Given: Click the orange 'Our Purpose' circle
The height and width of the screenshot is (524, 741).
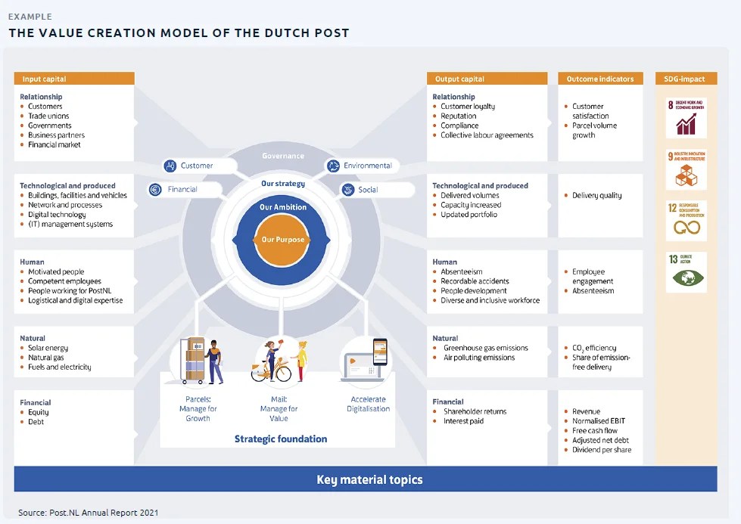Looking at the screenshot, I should [x=283, y=240].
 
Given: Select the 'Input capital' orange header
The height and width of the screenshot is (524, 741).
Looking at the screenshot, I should [x=74, y=79].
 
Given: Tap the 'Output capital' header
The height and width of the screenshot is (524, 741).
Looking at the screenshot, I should [x=487, y=79].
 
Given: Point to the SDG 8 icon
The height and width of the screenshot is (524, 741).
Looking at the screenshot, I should [x=686, y=117].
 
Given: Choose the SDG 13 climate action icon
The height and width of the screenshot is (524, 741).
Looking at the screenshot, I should [x=686, y=272].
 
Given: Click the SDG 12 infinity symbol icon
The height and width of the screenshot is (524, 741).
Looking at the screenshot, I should [x=686, y=221].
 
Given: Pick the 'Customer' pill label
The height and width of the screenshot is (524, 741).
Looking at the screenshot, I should [x=189, y=166].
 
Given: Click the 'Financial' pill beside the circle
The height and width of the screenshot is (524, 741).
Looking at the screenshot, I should [x=175, y=190].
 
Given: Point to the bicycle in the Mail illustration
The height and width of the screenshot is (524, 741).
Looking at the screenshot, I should [x=271, y=371].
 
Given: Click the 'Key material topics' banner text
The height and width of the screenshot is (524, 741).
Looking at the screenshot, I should [x=369, y=479].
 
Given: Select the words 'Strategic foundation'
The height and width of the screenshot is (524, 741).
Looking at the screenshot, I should [x=281, y=439].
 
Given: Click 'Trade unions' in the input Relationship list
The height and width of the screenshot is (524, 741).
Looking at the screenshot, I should [x=49, y=116].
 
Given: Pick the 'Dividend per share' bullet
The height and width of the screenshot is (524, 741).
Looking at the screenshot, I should [x=602, y=450].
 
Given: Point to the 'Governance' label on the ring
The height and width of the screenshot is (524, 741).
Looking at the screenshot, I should [x=283, y=156].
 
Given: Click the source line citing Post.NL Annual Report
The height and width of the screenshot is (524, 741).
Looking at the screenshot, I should [x=89, y=513].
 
